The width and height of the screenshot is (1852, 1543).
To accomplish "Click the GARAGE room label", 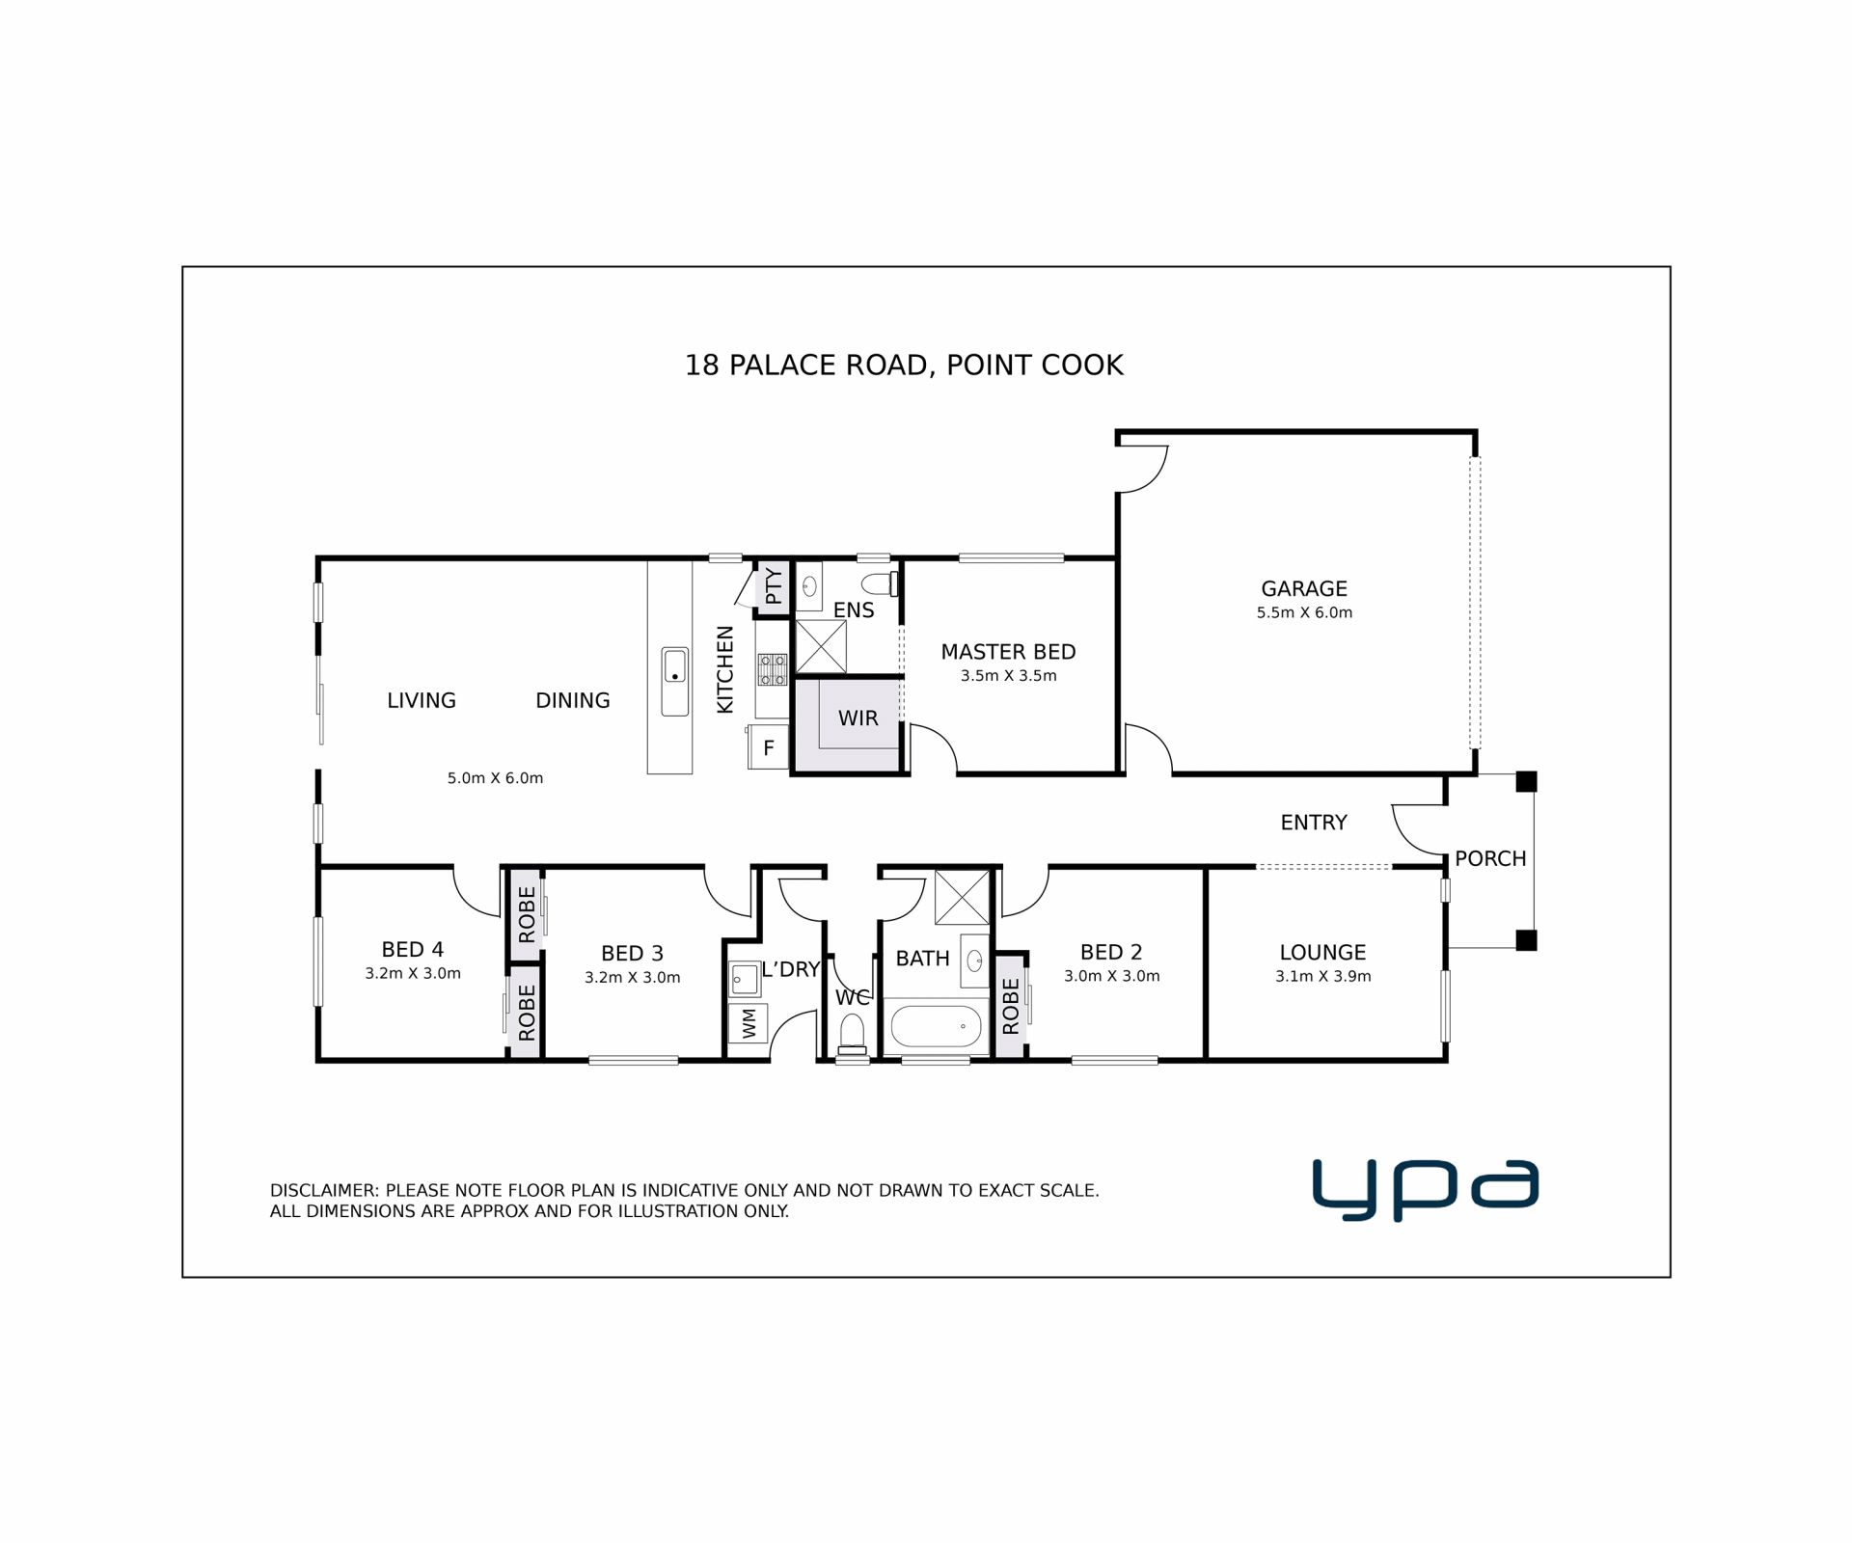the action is tap(1303, 588).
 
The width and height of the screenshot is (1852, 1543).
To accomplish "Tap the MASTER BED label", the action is tap(1008, 652).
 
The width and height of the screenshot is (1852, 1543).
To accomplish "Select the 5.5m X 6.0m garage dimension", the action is tap(1304, 612).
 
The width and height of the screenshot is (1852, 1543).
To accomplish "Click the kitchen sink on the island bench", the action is tap(674, 681).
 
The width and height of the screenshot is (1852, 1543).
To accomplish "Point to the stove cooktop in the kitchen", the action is tap(772, 669).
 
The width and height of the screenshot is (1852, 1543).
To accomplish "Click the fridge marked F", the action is tap(769, 747).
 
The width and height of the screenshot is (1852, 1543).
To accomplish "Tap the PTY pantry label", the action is tap(774, 586).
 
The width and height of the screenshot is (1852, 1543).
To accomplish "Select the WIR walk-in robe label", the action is tap(858, 718).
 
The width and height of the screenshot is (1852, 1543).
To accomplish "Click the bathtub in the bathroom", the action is tap(935, 1026).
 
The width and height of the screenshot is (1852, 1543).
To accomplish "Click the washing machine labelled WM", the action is tap(749, 1023).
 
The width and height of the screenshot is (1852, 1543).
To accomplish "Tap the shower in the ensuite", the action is tap(820, 646).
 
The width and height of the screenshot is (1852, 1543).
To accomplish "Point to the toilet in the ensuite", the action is tap(880, 583).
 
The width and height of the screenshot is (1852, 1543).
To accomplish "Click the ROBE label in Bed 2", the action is tap(1010, 1006).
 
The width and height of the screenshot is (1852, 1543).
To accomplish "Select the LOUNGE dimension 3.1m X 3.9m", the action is tap(1322, 976).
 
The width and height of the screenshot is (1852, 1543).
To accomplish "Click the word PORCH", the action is tap(1490, 858).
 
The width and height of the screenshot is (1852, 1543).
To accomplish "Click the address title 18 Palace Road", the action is tap(903, 365).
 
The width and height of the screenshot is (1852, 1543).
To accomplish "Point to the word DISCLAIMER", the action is tap(324, 1191).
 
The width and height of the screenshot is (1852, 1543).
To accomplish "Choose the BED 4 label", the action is tap(412, 950).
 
